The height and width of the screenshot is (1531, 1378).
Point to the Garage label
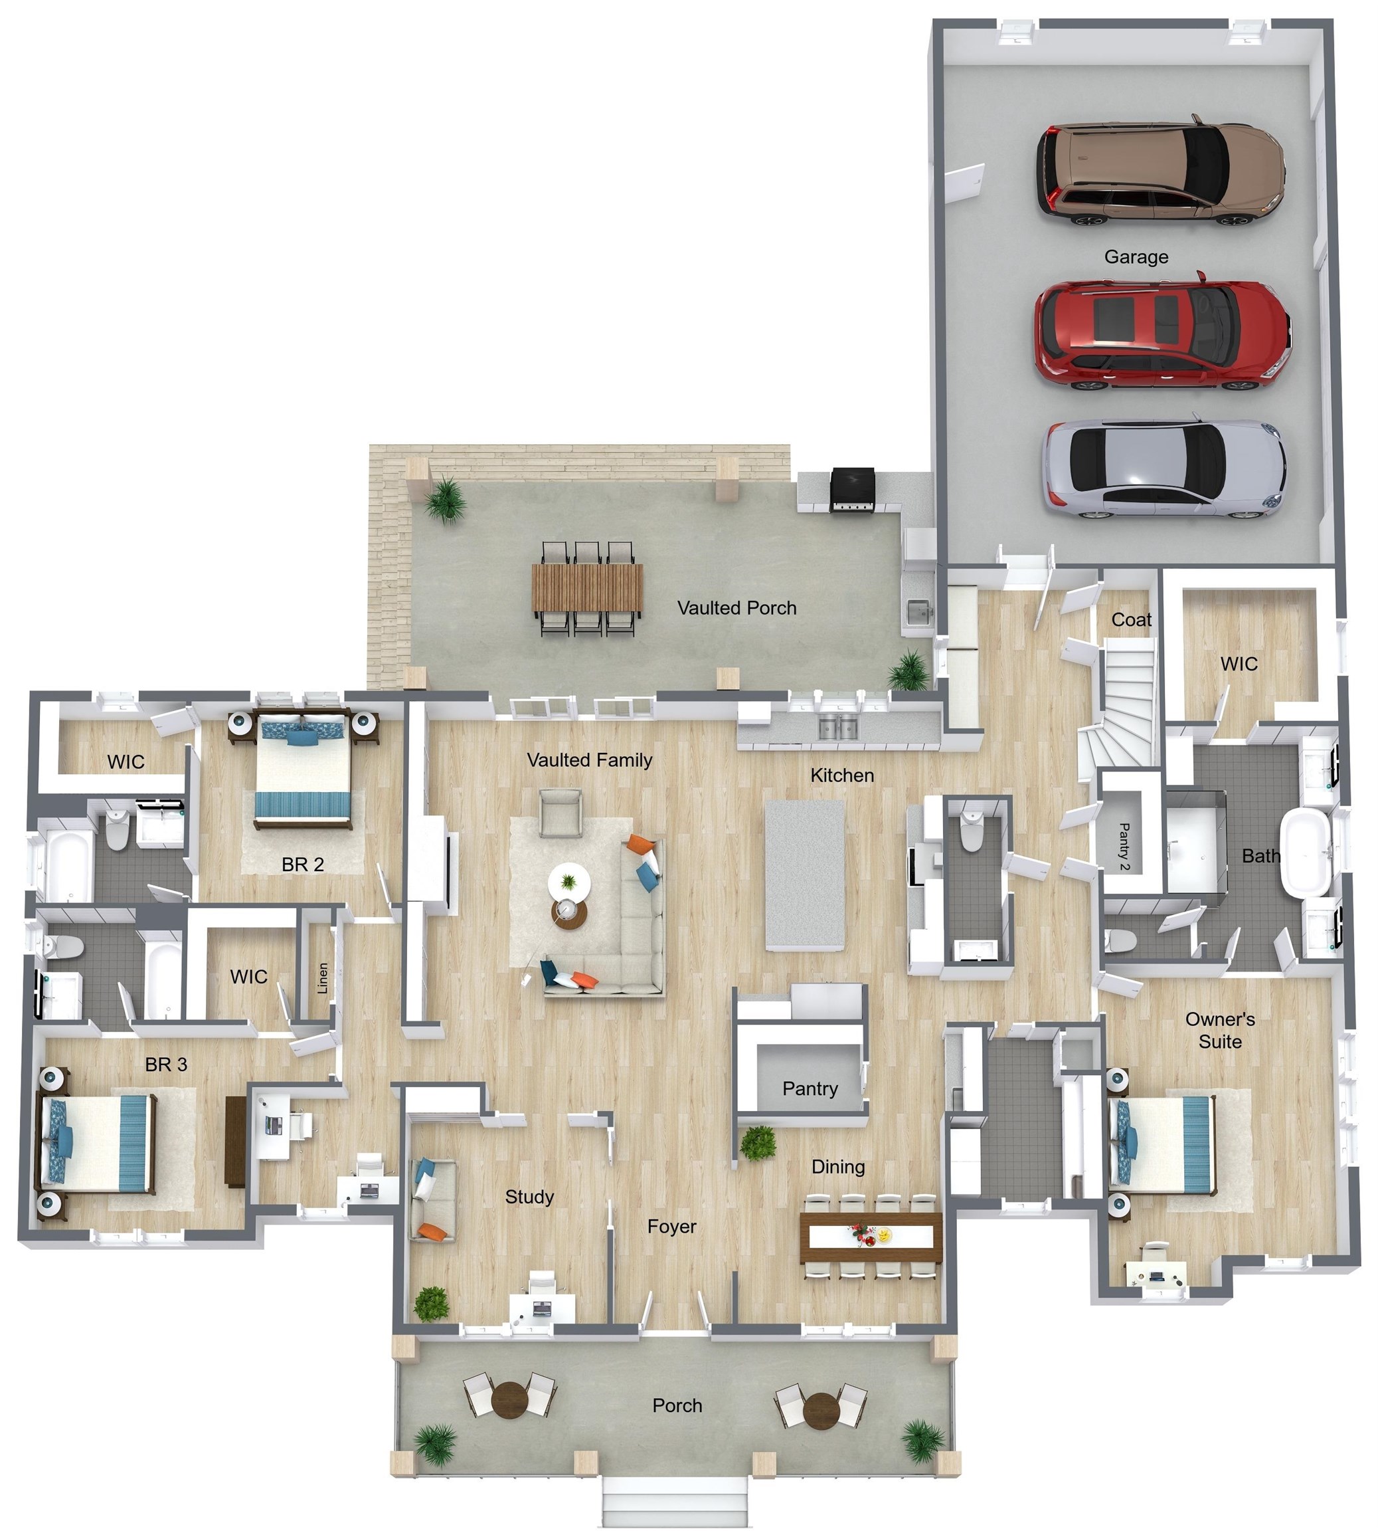tap(1136, 256)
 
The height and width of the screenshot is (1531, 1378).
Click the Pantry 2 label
tap(1124, 846)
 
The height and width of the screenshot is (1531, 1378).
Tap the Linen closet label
tap(323, 978)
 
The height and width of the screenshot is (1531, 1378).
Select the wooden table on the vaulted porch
tap(587, 588)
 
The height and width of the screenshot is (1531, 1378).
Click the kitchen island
tap(805, 875)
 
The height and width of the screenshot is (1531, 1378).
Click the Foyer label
tap(671, 1227)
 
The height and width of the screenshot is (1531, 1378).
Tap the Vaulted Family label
tap(589, 760)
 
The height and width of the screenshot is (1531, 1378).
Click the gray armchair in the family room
tap(560, 812)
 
